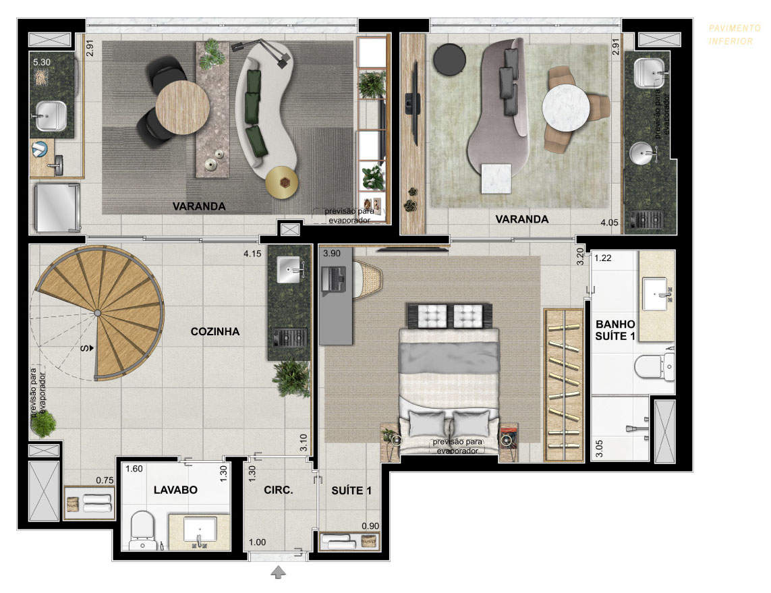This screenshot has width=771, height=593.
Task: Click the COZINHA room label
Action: tap(215, 332)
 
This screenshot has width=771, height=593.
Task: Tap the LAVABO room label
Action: tap(175, 490)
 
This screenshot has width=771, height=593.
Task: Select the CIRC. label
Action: tap(279, 490)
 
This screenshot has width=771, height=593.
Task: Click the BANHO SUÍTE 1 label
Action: tap(615, 330)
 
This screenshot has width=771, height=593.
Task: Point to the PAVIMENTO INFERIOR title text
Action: tap(734, 35)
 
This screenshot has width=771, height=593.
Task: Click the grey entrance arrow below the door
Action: tap(279, 572)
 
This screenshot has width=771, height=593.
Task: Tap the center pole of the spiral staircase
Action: tap(97, 313)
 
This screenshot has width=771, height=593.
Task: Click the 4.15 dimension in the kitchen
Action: tap(252, 254)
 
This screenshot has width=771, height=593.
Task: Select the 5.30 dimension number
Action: tap(42, 63)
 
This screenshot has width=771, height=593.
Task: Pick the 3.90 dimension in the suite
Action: tap(332, 254)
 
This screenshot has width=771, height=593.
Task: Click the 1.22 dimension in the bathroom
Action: tap(603, 258)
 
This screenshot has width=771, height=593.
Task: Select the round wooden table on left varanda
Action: tap(182, 107)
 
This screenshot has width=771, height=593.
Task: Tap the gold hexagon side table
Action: tap(282, 182)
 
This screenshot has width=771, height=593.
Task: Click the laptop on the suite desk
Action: tap(333, 280)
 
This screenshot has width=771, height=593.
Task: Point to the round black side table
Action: tap(449, 59)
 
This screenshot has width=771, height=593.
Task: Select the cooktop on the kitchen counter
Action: tap(289, 338)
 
